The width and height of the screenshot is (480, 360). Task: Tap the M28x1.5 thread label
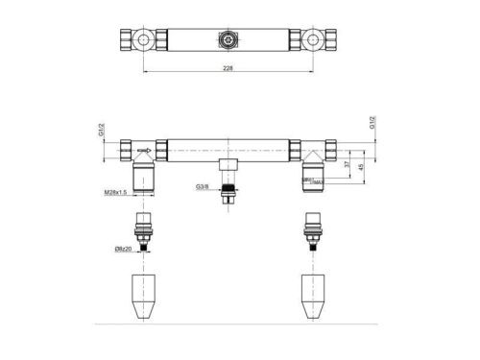116,192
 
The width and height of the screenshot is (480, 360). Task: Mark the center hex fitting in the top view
228,41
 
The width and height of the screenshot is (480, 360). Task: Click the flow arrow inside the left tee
144,151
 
